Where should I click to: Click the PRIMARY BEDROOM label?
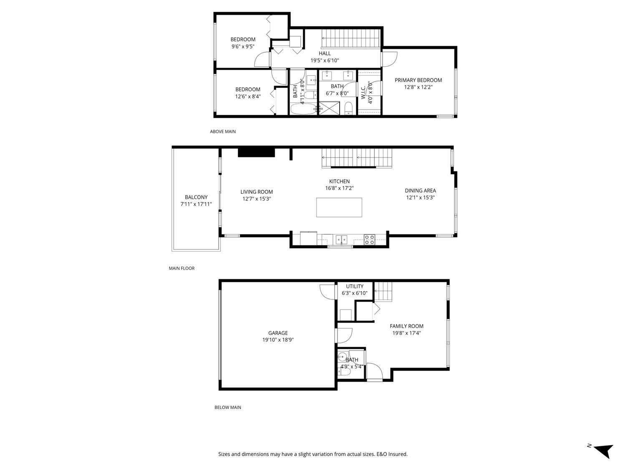[x=418, y=80]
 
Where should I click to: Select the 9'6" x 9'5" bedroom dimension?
[x=243, y=47]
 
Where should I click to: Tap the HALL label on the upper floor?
[x=325, y=53]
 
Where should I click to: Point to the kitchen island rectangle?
[x=339, y=207]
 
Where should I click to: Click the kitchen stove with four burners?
[x=369, y=239]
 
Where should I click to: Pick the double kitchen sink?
[x=342, y=240]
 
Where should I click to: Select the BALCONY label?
[x=196, y=197]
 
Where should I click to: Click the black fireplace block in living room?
[x=256, y=152]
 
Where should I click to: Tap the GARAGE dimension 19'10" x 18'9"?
[x=278, y=340]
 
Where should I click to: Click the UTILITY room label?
[x=354, y=287]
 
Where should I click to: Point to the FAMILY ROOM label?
[x=406, y=326]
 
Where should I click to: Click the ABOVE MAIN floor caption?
[x=223, y=132]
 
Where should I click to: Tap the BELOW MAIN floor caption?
[x=228, y=407]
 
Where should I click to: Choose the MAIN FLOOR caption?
[x=182, y=268]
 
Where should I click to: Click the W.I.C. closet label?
[x=363, y=89]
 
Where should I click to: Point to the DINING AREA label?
[x=420, y=191]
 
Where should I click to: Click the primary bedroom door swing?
[x=391, y=58]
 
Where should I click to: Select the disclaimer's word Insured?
[x=398, y=454]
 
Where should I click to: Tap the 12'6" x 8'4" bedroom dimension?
[x=248, y=97]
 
